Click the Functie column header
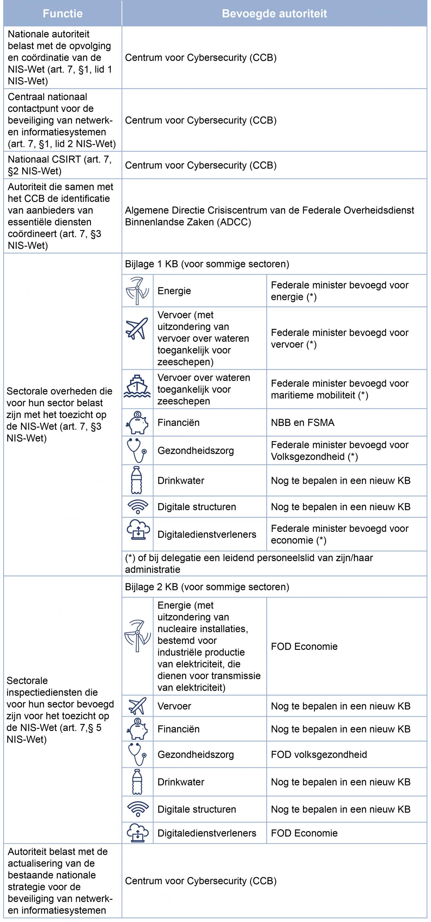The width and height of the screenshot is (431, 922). tap(62, 14)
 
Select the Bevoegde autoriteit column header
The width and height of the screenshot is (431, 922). tap(274, 14)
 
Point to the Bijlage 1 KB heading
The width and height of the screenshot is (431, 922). tap(207, 264)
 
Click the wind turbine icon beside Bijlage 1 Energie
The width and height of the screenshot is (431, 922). tap(137, 291)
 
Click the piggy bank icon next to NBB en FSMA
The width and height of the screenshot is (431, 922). tap(137, 422)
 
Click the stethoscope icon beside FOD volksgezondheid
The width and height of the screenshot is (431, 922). tap(137, 754)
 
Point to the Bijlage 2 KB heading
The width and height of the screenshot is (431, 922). tap(207, 587)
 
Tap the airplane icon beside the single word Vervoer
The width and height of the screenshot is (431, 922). tap(137, 706)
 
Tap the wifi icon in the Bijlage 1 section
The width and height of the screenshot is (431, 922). tap(138, 507)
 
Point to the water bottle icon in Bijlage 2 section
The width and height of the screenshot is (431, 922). tap(137, 782)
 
